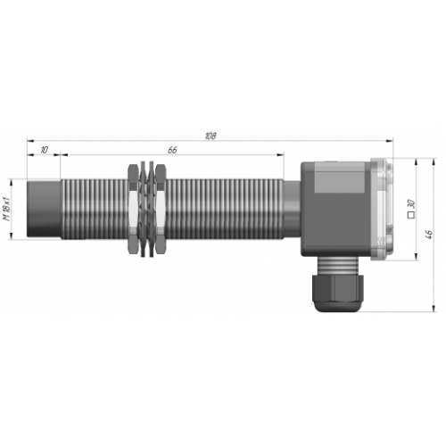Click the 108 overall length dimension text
pyautogui.click(x=211, y=136)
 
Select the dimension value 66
pyautogui.click(x=172, y=150)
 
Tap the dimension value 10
pyautogui.click(x=44, y=150)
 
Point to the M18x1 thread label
pyautogui.click(x=7, y=209)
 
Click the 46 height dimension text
pyautogui.click(x=429, y=235)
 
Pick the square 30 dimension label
pyautogui.click(x=411, y=209)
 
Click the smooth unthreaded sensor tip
pyautogui.click(x=44, y=209)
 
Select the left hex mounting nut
pyautogui.click(x=133, y=209)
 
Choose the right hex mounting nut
pyautogui.click(x=161, y=209)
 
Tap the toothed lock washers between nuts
pyautogui.click(x=147, y=209)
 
